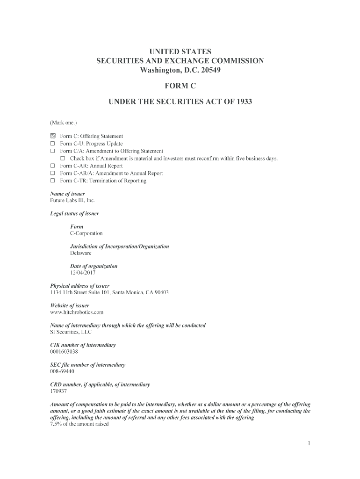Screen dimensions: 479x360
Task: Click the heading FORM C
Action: pyautogui.click(x=180, y=86)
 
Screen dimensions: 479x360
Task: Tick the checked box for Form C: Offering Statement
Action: pyautogui.click(x=53, y=136)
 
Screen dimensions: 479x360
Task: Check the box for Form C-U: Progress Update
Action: pyautogui.click(x=53, y=144)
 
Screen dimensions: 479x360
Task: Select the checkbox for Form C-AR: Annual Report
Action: pyautogui.click(x=53, y=166)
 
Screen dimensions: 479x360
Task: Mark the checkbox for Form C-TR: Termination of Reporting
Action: pyautogui.click(x=53, y=181)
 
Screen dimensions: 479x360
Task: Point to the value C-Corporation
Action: pyautogui.click(x=86, y=233)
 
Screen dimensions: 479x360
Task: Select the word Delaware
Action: pyautogui.click(x=81, y=253)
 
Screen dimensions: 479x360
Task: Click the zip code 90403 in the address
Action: pyautogui.click(x=161, y=292)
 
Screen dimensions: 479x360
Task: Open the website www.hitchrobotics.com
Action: pyautogui.click(x=77, y=312)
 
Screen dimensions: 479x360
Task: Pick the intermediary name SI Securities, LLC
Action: pyautogui.click(x=71, y=332)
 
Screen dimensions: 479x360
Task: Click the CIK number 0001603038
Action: pyautogui.click(x=64, y=352)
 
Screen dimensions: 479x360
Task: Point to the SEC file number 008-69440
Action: pyautogui.click(x=62, y=371)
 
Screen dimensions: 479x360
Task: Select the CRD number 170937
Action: pyautogui.click(x=58, y=391)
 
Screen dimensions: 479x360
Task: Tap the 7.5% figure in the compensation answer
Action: pyautogui.click(x=56, y=424)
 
